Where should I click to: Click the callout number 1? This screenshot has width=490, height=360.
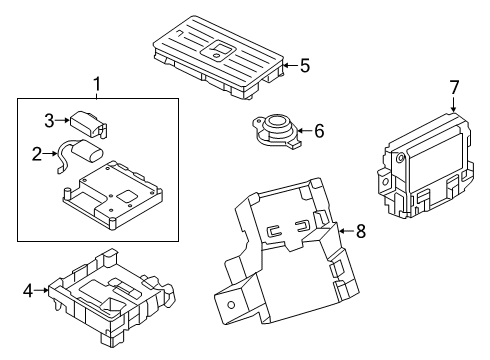tap(96, 85)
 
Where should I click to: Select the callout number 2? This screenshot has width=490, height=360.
tap(37, 154)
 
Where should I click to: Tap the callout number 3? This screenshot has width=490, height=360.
tap(49, 120)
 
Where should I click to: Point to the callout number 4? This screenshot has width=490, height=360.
tap(28, 291)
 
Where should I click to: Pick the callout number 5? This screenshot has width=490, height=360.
tap(305, 65)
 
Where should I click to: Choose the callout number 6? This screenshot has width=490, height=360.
tap(319, 131)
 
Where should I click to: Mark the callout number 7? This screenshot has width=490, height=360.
tap(455, 87)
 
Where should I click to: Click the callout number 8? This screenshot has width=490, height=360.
tap(361, 231)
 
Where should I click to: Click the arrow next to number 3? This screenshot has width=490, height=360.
tap(62, 120)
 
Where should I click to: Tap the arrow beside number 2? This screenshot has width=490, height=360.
tap(50, 153)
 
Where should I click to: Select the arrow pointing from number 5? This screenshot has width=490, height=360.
tap(291, 65)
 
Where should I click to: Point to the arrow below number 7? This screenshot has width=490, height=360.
tap(453, 104)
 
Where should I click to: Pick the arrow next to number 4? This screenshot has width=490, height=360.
tap(41, 290)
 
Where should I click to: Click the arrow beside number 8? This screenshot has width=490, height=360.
tap(347, 231)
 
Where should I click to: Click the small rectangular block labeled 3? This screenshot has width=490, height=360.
tap(88, 123)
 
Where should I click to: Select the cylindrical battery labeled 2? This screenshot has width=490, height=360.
tap(89, 151)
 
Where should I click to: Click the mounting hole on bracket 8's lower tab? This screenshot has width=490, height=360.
tap(231, 305)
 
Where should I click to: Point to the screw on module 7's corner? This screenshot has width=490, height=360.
tap(400, 159)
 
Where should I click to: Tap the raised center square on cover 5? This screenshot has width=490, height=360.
tap(218, 50)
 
